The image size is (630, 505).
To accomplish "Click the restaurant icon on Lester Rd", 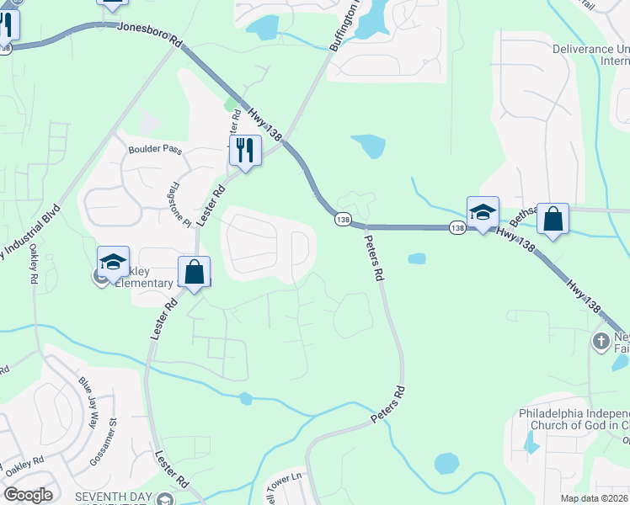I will click(x=245, y=151).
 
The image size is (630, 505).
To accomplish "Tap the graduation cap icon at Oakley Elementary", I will click(x=113, y=261).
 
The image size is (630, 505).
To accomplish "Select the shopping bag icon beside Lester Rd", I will click(x=194, y=272).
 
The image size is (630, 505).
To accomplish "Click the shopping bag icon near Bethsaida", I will click(x=553, y=219).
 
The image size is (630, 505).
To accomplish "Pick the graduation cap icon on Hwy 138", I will click(x=483, y=212).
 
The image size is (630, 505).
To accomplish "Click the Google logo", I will click(x=27, y=495).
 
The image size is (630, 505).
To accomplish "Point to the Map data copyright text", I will click(x=594, y=498).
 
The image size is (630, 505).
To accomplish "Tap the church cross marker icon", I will click(x=601, y=342).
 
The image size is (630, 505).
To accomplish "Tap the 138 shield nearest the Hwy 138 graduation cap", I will click(x=456, y=227).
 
